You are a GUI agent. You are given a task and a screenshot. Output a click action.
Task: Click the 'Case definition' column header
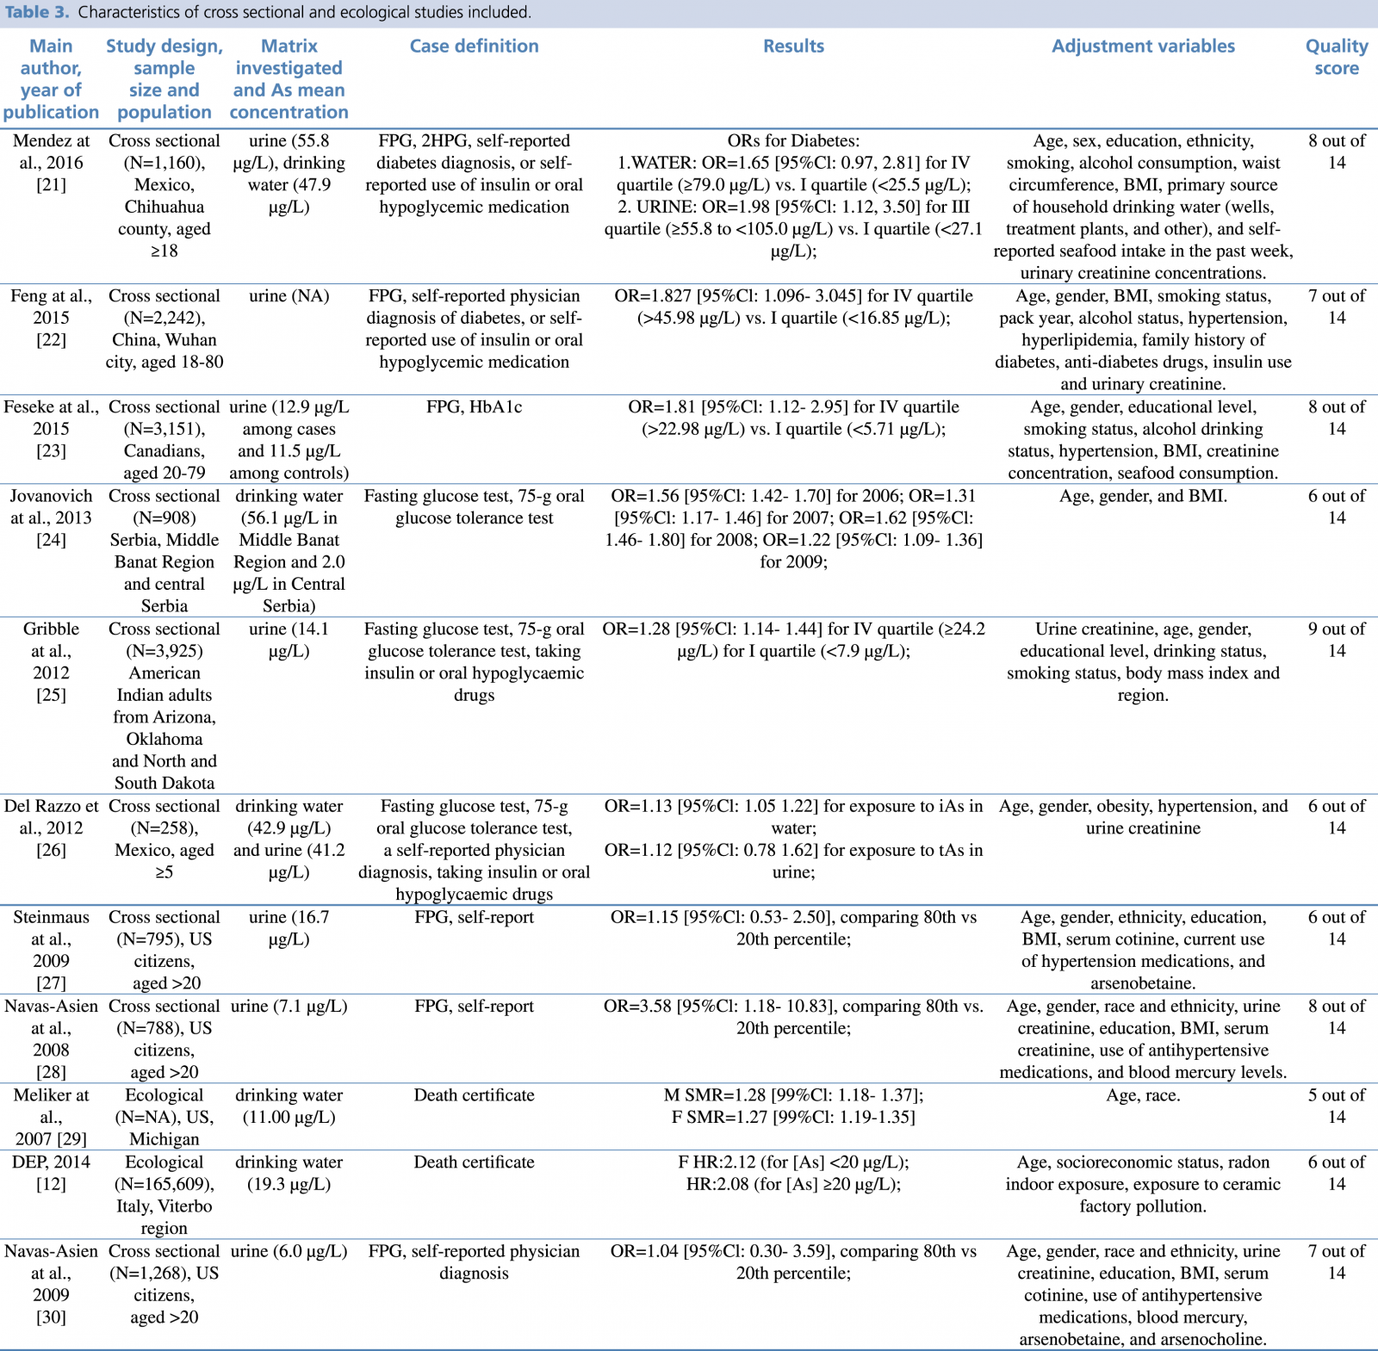pos(474,46)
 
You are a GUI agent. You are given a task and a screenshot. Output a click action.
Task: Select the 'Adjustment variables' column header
pos(1143,46)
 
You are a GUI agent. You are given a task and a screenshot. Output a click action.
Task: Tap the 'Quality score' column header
pos(1336,57)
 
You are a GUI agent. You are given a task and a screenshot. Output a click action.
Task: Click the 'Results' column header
pos(793,46)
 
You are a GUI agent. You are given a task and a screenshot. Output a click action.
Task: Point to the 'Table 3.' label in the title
pos(36,12)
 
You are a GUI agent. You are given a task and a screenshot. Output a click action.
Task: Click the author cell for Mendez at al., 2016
pos(51,163)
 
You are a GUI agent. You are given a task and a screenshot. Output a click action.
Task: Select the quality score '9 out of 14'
pos(1336,640)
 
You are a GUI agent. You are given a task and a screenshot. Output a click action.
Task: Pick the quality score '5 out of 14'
pos(1336,1106)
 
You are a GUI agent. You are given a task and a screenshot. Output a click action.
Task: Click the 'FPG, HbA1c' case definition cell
pos(474,407)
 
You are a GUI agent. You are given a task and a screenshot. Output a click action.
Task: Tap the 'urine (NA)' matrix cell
pos(289,296)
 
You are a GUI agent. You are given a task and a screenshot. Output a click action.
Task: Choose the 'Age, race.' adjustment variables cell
pos(1143,1095)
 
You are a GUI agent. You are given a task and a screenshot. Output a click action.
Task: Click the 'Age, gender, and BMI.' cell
pos(1143,496)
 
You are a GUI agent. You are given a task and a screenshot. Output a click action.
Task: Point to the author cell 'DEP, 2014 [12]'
pos(51,1173)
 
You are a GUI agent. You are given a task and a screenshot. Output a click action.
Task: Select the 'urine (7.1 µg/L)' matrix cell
pos(289,1007)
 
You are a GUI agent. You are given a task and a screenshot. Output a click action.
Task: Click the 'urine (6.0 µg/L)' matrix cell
pos(289,1252)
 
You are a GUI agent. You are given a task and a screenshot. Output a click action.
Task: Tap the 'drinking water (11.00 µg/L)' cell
pos(289,1106)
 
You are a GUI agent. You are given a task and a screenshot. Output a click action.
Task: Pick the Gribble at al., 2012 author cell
pos(51,661)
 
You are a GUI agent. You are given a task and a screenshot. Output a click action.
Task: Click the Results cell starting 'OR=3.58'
pos(793,1017)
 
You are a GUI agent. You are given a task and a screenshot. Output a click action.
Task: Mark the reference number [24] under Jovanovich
pos(51,540)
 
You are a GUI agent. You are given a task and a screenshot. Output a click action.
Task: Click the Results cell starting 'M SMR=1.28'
pos(793,1106)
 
